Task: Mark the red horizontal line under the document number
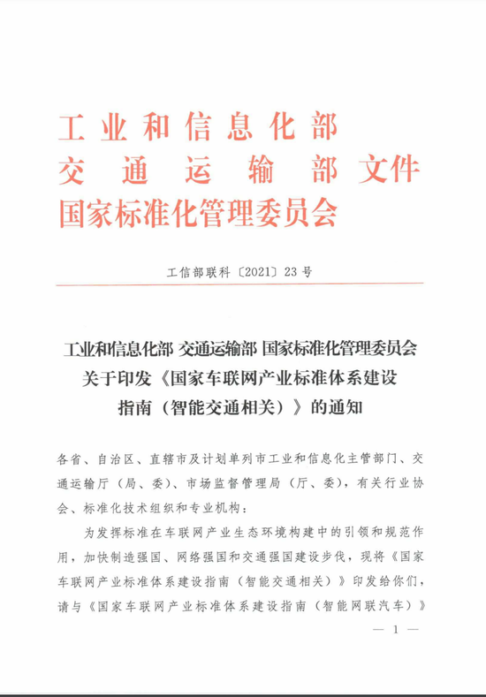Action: (x=242, y=285)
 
